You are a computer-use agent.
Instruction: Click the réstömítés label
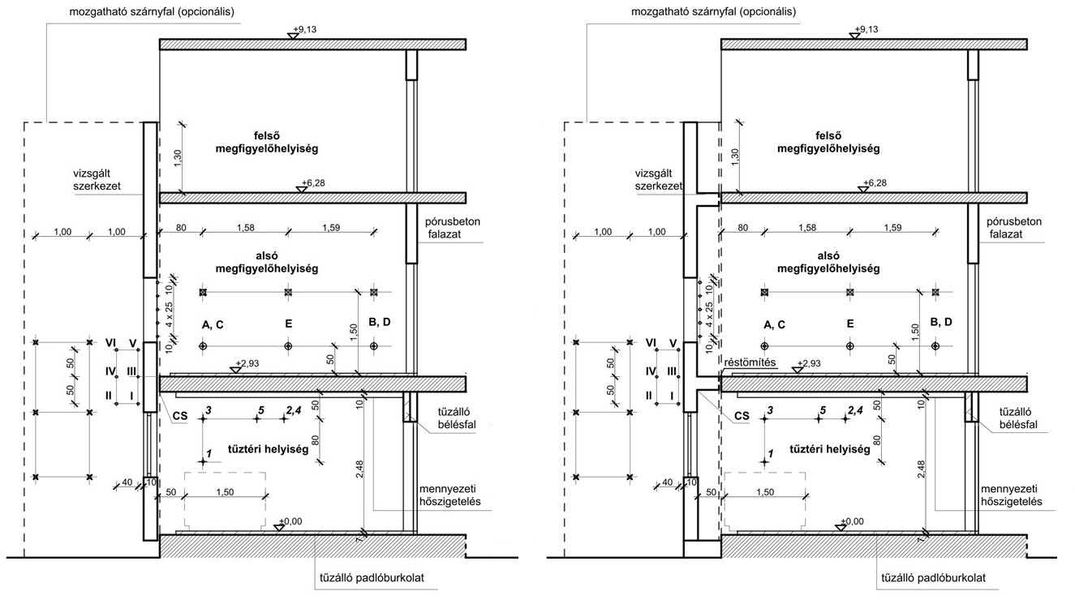750,362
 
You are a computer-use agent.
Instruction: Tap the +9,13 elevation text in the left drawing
305,29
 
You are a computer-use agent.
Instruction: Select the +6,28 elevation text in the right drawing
875,182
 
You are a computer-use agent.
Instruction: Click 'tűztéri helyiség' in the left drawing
268,449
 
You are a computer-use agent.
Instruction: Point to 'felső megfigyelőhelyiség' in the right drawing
828,142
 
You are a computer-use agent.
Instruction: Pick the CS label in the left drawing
180,416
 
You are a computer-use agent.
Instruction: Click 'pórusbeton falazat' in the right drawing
1014,228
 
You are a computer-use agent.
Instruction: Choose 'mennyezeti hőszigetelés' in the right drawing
1012,495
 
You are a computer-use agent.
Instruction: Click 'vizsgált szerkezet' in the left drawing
97,179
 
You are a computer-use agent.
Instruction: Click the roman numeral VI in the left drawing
111,342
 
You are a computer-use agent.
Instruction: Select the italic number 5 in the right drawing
823,410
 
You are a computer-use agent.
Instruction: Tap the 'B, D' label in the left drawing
380,322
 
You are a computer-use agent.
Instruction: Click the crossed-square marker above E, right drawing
850,292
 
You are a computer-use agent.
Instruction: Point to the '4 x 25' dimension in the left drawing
169,315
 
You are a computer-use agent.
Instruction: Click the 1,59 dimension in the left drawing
331,227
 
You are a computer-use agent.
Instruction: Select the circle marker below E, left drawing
288,345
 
